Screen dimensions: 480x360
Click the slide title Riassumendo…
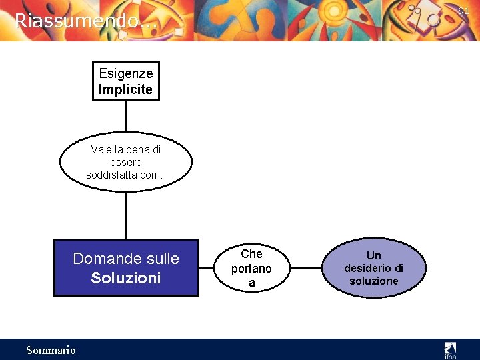tap(86, 21)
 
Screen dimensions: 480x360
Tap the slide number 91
tap(464, 11)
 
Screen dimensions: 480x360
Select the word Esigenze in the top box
tap(126, 73)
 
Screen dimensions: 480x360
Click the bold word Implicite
tap(126, 89)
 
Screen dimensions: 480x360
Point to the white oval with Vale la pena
tap(126, 162)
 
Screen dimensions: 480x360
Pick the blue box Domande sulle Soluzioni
tap(126, 267)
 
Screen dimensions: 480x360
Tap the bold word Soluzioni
tap(126, 278)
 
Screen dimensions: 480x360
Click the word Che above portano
tap(251, 254)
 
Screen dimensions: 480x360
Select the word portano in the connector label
tap(251, 269)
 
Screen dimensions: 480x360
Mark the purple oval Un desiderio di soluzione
tap(374, 267)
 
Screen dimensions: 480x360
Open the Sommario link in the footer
tap(51, 350)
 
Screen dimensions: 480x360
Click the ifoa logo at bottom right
tap(451, 349)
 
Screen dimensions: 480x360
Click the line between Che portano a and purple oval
tap(307, 268)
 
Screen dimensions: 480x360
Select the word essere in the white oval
tap(126, 162)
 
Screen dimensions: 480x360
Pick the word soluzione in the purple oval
tap(374, 281)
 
